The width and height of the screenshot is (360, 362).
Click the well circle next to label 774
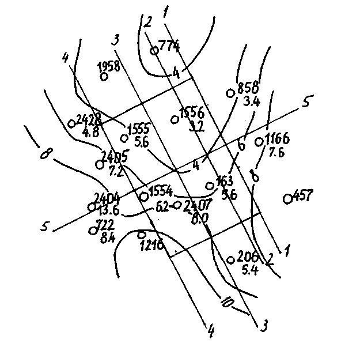tap(154, 51)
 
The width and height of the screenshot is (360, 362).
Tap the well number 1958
tap(109, 66)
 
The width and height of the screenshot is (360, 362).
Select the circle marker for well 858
tap(230, 92)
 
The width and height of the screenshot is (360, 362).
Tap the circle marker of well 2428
tap(71, 123)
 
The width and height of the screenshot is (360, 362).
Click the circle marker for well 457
tap(287, 199)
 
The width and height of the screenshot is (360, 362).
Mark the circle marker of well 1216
tap(142, 235)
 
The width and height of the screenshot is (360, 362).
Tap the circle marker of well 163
tap(210, 186)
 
